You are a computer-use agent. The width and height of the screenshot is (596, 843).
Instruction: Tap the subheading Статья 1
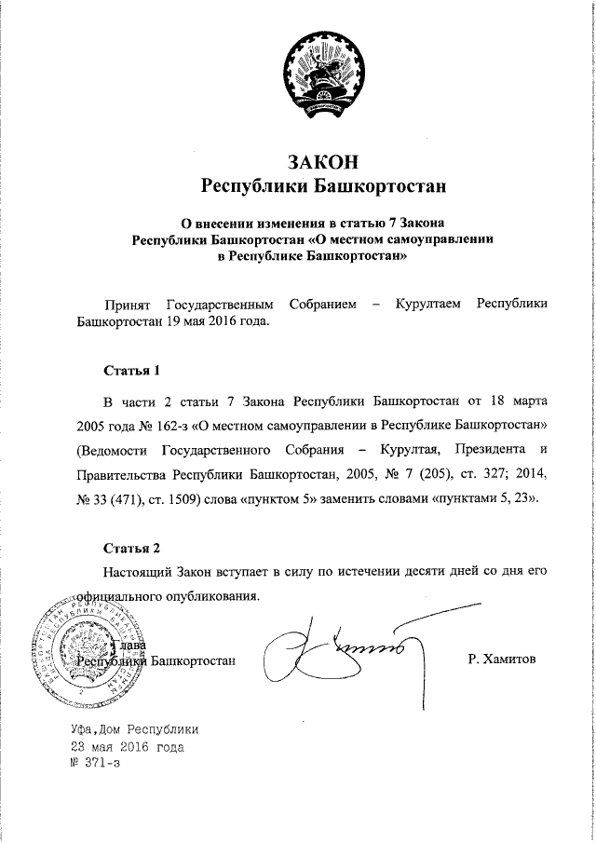pos(131,370)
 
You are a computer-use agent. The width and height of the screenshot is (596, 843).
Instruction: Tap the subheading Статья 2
pos(131,546)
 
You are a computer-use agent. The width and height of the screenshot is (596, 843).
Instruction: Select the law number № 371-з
pos(95,761)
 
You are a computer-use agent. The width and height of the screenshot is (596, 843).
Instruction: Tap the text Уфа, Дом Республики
pos(134,729)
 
